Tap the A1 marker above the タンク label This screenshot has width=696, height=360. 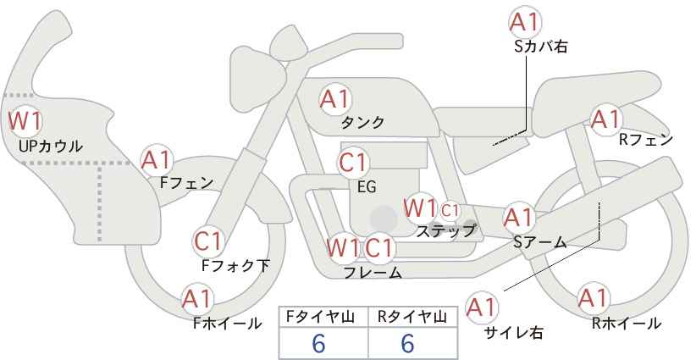[334, 99]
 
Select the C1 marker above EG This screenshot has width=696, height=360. [353, 163]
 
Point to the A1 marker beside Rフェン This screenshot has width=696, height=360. [605, 119]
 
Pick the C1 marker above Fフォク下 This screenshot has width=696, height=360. [207, 242]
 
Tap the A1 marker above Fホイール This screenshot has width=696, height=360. [197, 299]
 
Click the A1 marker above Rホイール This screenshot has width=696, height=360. [593, 298]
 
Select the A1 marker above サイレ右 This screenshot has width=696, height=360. [482, 307]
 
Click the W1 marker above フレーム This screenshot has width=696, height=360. [343, 247]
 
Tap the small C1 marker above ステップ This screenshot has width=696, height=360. [450, 210]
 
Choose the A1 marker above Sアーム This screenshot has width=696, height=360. [518, 218]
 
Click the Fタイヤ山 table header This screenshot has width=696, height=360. [320, 317]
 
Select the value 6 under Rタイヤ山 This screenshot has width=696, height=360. [407, 343]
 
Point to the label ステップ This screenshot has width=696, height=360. [445, 231]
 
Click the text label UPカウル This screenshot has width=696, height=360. [51, 146]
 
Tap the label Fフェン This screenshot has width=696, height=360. [186, 183]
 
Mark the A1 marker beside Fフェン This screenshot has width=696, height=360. [156, 160]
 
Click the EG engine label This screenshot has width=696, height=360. [367, 187]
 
